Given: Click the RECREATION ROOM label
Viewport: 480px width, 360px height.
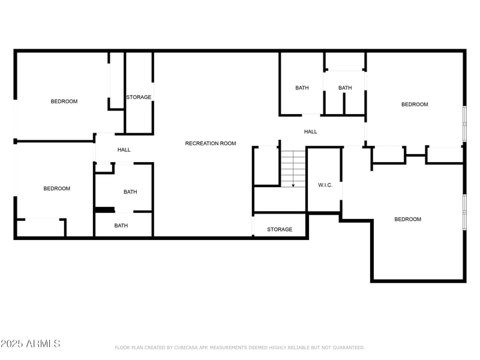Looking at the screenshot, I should point(210,143).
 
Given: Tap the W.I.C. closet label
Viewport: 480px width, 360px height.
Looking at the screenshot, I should point(325,185).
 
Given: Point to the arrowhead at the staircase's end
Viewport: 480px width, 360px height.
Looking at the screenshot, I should point(293,185).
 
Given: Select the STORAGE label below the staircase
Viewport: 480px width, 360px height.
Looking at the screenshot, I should point(280,229).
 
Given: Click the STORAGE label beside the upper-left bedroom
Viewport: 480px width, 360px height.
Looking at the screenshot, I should point(139,97).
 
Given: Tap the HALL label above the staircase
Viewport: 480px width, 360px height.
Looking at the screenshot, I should point(310,131).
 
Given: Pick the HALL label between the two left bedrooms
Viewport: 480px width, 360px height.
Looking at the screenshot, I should point(124,150).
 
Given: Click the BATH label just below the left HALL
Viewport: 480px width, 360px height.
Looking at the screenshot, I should point(130,192).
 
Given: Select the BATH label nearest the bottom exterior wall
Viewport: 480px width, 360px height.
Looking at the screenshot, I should point(121,226).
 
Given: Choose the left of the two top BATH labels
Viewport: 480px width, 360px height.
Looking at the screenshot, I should point(302,88).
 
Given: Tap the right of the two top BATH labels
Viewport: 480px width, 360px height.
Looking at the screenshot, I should point(345,88).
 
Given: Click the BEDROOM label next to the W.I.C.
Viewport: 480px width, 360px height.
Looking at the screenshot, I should point(407,219).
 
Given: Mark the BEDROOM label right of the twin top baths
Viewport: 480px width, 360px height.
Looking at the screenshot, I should point(415,104).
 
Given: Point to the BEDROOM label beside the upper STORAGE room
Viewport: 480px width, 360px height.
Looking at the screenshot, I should point(64,101).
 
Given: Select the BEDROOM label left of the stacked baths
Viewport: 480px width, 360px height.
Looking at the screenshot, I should point(56,188).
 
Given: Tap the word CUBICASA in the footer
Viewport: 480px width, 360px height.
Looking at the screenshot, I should point(182,347).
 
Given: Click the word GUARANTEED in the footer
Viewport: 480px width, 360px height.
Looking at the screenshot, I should point(348,347).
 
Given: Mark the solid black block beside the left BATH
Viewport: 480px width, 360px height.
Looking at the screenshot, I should point(105,209).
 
